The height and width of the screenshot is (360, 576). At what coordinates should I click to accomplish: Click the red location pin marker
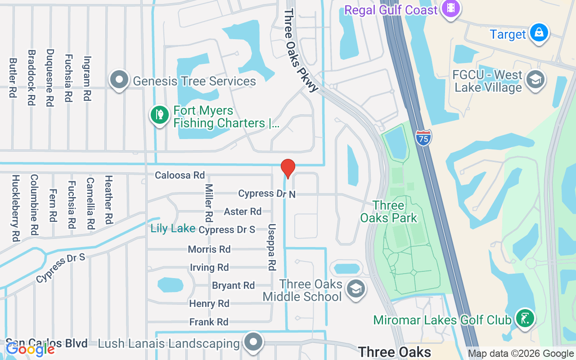pyautogui.click(x=288, y=168)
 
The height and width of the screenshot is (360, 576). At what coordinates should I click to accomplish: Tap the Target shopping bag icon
pyautogui.click(x=539, y=33)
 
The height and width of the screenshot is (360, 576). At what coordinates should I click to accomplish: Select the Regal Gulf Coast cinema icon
pyautogui.click(x=450, y=9)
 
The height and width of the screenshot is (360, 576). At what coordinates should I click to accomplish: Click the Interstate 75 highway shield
pyautogui.click(x=424, y=137)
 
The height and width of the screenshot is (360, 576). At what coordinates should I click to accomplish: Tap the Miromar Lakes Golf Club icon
pyautogui.click(x=525, y=319)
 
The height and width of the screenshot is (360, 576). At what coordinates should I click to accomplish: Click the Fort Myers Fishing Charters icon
pyautogui.click(x=159, y=115)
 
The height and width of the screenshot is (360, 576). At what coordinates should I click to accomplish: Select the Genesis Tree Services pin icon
pyautogui.click(x=119, y=80)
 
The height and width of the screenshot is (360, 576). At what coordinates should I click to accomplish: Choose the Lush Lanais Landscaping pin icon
pyautogui.click(x=254, y=342)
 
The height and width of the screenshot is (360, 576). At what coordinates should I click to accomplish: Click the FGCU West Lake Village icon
pyautogui.click(x=535, y=80)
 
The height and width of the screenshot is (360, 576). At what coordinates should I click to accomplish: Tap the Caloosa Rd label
pyautogui.click(x=180, y=175)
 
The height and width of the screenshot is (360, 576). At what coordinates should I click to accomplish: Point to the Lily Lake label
pyautogui.click(x=173, y=229)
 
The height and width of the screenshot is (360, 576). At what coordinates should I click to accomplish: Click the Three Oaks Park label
pyautogui.click(x=389, y=212)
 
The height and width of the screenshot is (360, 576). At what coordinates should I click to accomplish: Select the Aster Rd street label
pyautogui.click(x=243, y=211)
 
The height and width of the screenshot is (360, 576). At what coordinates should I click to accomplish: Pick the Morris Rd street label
pyautogui.click(x=209, y=249)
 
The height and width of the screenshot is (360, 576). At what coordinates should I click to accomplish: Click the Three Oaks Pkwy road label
pyautogui.click(x=300, y=49)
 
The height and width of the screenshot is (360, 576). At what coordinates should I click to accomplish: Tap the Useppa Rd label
pyautogui.click(x=271, y=247)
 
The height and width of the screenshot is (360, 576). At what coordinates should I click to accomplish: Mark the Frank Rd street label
pyautogui.click(x=209, y=322)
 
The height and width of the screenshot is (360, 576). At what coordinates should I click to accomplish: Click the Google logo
pyautogui.click(x=30, y=349)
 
